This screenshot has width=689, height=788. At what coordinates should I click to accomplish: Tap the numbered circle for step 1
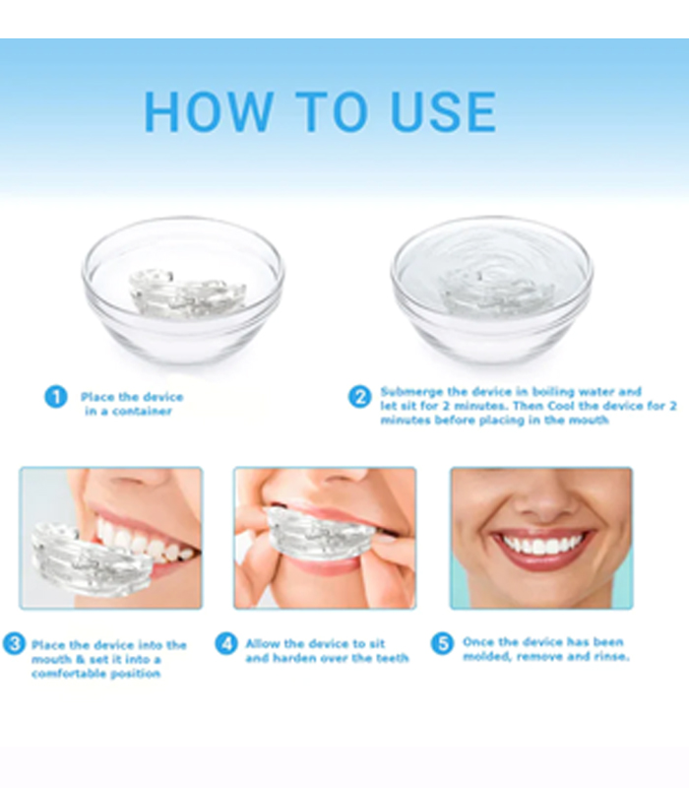click(x=56, y=397)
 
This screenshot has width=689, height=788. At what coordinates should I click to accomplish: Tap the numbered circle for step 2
click(x=359, y=397)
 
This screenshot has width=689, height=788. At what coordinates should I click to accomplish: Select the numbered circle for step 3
click(x=14, y=644)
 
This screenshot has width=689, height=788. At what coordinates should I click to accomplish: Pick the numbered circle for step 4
click(x=226, y=644)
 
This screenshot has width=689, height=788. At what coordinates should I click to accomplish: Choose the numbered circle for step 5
click(x=442, y=644)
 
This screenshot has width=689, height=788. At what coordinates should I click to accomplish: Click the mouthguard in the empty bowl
click(x=188, y=293)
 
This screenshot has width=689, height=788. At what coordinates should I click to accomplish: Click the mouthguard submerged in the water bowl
click(x=497, y=293)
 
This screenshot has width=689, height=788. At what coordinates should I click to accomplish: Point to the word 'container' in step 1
click(x=142, y=412)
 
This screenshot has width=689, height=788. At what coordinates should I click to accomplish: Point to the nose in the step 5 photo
click(x=543, y=502)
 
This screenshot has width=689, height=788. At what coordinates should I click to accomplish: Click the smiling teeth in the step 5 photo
click(x=543, y=545)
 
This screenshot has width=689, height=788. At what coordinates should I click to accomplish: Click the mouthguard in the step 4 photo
click(x=322, y=531)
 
